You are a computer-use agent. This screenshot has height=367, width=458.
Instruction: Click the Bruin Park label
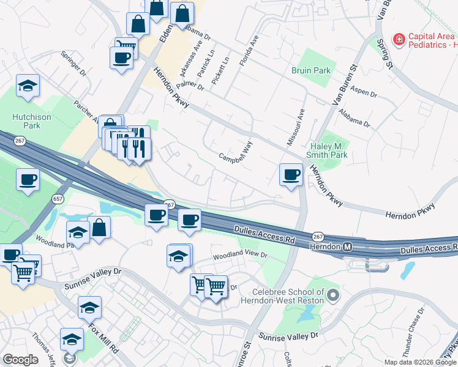point(311,70)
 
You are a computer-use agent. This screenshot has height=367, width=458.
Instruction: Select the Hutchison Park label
point(26,120)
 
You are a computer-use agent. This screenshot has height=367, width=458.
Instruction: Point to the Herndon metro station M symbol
point(347,247)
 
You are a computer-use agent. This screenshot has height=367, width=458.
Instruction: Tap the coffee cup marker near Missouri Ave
point(291,174)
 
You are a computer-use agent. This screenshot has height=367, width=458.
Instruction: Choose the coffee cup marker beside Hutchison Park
point(28,180)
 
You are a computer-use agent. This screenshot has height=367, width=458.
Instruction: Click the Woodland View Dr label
point(240,254)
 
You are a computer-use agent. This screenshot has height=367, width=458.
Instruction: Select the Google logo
point(20,360)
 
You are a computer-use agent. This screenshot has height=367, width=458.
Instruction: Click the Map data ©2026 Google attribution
point(419,362)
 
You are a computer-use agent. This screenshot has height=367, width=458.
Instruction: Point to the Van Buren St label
point(344,86)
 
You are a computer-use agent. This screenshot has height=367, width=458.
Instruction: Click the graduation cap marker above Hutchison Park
point(28,86)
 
